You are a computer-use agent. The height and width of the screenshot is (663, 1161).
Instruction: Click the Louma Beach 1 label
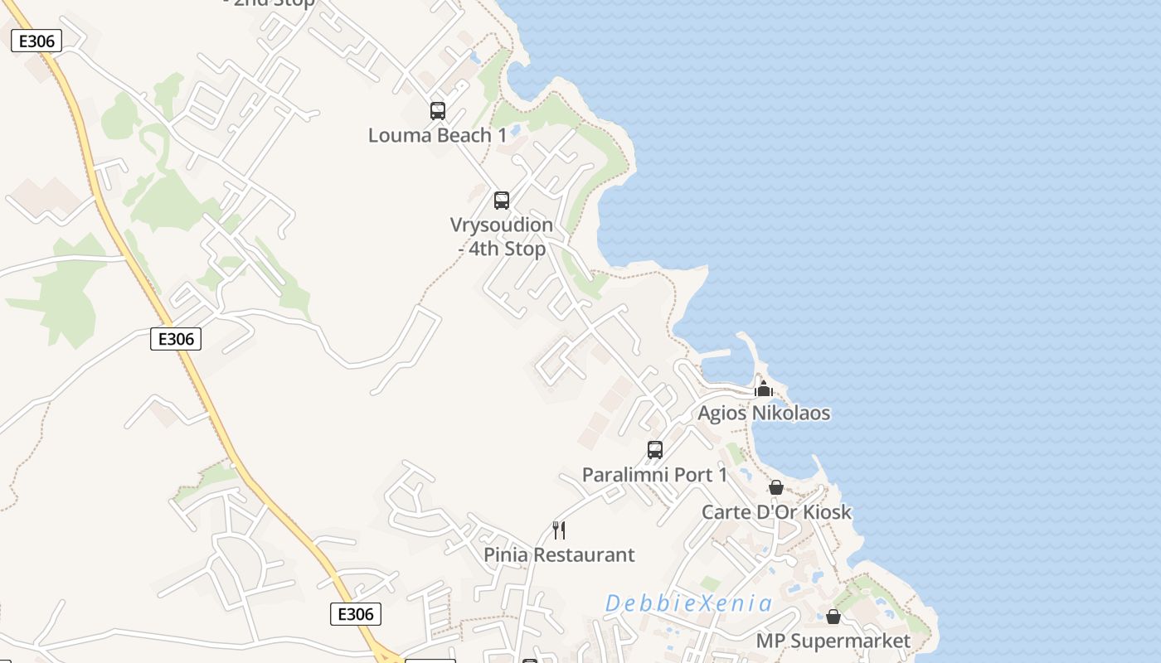[x=437, y=135]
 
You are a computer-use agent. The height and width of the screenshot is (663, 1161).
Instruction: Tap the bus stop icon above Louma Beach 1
[x=437, y=110]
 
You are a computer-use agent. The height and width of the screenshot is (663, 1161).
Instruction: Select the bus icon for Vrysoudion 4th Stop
[x=501, y=200]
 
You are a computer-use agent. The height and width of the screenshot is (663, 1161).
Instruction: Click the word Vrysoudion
[x=501, y=225]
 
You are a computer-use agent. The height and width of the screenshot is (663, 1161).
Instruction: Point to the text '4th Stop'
[x=508, y=249]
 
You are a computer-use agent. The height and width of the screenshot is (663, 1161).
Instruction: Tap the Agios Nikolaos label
[x=764, y=413]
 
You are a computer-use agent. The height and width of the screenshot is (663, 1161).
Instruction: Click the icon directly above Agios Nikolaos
[x=764, y=389]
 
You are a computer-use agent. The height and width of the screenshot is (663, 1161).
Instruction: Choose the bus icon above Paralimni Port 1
[x=654, y=450]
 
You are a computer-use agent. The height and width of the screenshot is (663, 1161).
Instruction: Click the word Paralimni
[x=621, y=475]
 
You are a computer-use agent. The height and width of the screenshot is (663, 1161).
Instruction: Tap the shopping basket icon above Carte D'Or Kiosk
[x=776, y=487]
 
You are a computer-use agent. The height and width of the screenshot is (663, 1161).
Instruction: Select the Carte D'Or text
[x=749, y=512]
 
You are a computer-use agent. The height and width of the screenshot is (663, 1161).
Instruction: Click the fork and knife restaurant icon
[x=559, y=530]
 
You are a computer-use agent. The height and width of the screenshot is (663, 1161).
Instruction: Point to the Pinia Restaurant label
[x=559, y=554]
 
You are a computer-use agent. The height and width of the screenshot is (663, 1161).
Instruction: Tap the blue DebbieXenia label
[x=688, y=603]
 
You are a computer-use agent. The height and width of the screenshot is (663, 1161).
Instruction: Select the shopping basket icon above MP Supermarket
[x=833, y=617]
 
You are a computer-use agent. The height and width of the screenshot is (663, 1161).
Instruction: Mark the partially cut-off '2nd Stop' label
[x=270, y=3]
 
